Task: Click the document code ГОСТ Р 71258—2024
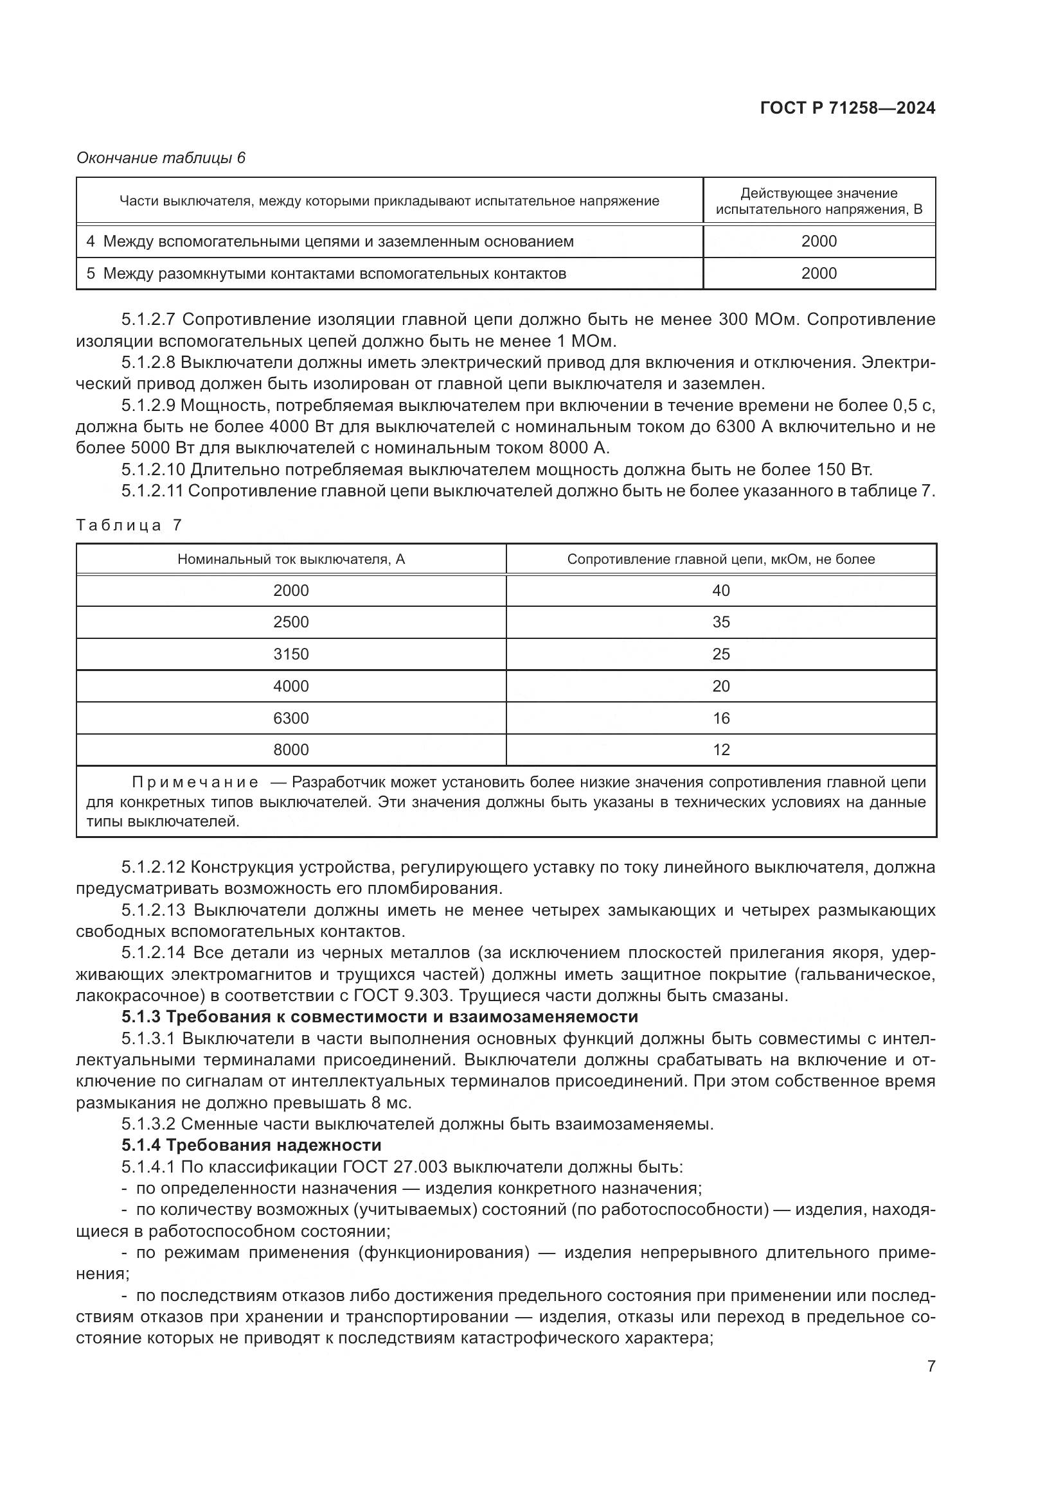pos(847,109)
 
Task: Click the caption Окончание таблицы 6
pos(161,158)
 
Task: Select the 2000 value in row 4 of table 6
pos(818,241)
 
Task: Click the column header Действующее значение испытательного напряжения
pos(818,201)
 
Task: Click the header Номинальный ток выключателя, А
pos(290,559)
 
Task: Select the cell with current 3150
pos(290,654)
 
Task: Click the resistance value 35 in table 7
pos(720,622)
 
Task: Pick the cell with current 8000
pos(290,749)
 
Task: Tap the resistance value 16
pos(720,719)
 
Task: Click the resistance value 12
pos(720,749)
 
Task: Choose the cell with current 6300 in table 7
pos(290,719)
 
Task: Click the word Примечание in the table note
pos(195,782)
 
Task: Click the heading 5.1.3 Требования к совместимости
pos(379,1017)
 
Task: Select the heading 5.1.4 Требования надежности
pos(251,1145)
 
